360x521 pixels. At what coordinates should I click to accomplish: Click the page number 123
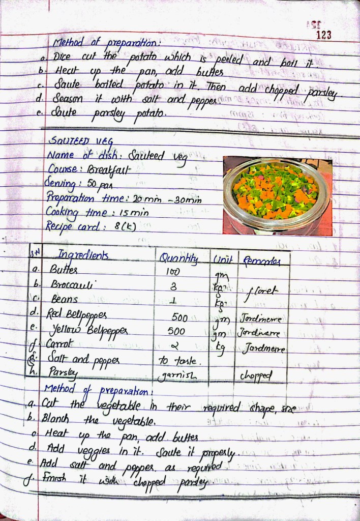tap(323, 35)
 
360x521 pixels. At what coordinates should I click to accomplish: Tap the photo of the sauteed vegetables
tap(277, 195)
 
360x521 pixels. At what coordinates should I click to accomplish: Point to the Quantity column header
tap(178, 257)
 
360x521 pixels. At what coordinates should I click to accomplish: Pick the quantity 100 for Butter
tap(173, 273)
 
